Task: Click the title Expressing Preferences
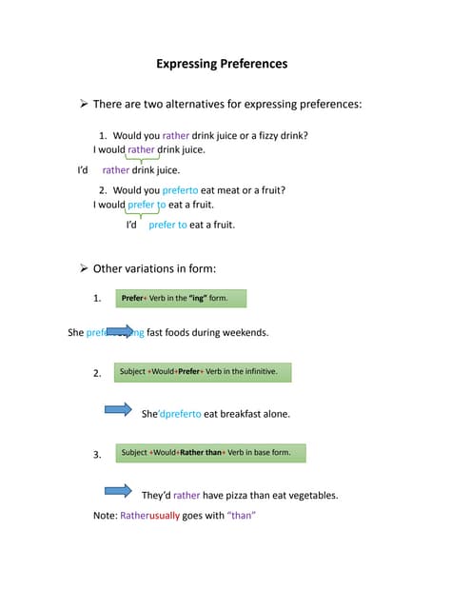[x=222, y=65]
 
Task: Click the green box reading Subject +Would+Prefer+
[x=202, y=371]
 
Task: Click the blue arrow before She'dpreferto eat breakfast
[x=118, y=410]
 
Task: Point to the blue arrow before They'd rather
[x=118, y=491]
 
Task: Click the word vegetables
[x=308, y=495]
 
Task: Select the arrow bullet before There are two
[x=84, y=103]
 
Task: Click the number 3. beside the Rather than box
[x=97, y=455]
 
